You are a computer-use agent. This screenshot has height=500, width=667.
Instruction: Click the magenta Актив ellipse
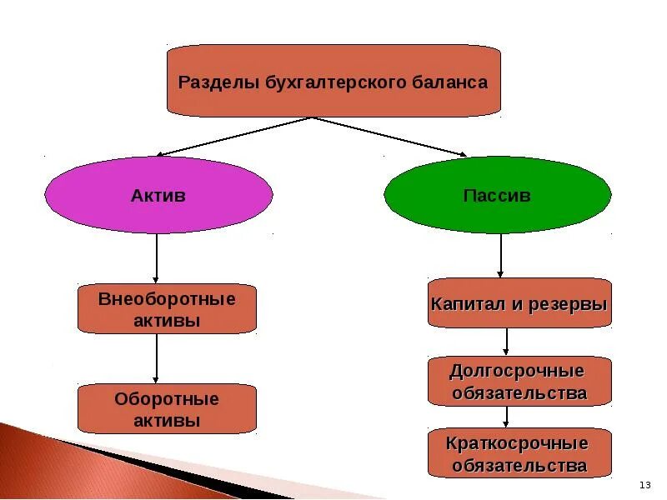[x=158, y=196]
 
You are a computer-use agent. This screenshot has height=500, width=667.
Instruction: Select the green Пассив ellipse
[x=497, y=196]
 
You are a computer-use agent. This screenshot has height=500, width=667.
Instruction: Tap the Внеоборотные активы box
[x=167, y=309]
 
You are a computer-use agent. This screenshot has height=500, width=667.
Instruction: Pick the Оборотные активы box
[x=167, y=409]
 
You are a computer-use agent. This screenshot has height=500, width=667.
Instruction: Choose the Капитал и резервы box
[x=519, y=303]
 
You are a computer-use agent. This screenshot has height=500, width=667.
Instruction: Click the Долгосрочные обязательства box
[x=519, y=382]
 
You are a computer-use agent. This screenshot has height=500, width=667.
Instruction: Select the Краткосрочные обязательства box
[x=519, y=454]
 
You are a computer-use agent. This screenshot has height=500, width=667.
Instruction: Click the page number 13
[x=644, y=485]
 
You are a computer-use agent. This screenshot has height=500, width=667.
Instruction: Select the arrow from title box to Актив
[x=233, y=137]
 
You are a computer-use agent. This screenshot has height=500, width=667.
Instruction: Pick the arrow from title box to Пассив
[x=390, y=137]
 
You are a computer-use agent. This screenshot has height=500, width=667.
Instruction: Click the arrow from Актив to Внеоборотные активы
[x=157, y=258]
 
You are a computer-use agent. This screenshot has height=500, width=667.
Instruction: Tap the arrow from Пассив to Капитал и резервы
[x=500, y=255]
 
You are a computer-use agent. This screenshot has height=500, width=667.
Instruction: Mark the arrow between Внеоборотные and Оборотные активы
[x=157, y=358]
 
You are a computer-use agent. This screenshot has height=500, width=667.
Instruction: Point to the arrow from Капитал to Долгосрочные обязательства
[x=506, y=342]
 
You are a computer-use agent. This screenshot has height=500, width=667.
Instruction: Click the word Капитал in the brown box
[x=464, y=303]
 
